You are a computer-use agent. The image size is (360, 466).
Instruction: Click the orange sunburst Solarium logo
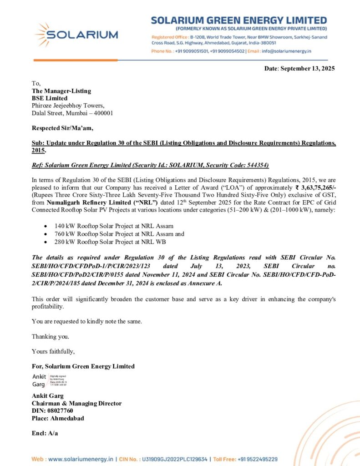tap(44, 35)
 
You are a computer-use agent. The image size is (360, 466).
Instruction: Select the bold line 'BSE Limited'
tap(50, 98)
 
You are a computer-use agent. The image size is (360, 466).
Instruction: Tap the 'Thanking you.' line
tap(51, 336)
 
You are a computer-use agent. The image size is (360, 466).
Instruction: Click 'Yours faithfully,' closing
tap(53, 351)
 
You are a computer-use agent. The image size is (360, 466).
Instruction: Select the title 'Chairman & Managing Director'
tap(76, 403)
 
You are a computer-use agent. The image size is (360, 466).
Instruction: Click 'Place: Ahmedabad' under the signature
tap(58, 418)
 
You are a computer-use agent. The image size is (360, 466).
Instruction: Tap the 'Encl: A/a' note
tap(45, 433)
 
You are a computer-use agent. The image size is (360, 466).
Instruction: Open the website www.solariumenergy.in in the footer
tap(81, 459)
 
